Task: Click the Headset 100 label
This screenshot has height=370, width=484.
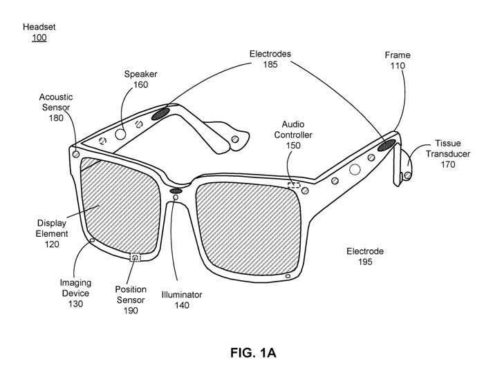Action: (39, 32)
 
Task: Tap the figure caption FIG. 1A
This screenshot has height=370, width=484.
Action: (253, 353)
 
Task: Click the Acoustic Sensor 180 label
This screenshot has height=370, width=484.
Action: (56, 107)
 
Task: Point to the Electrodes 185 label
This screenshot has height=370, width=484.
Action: (270, 59)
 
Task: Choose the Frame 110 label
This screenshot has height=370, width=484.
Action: (398, 60)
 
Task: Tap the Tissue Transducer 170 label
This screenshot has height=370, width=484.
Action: (448, 154)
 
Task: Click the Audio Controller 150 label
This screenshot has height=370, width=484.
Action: (293, 135)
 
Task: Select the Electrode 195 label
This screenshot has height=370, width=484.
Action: (365, 256)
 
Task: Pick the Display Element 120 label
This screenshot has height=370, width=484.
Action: (52, 233)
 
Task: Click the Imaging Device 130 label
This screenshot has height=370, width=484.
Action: (75, 293)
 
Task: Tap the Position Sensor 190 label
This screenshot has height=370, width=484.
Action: (131, 300)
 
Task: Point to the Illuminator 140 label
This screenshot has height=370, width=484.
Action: (182, 300)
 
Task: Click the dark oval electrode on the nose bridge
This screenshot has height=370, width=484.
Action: (176, 191)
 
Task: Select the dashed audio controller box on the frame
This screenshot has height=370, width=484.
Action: (294, 185)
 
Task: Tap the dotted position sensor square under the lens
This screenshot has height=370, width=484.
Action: (135, 257)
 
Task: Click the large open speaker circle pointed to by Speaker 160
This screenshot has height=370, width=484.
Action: (120, 135)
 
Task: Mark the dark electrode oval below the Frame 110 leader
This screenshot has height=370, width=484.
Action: (387, 145)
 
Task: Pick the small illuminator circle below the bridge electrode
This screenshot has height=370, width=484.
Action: (176, 197)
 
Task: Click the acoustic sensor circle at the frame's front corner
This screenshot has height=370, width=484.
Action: (76, 155)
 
